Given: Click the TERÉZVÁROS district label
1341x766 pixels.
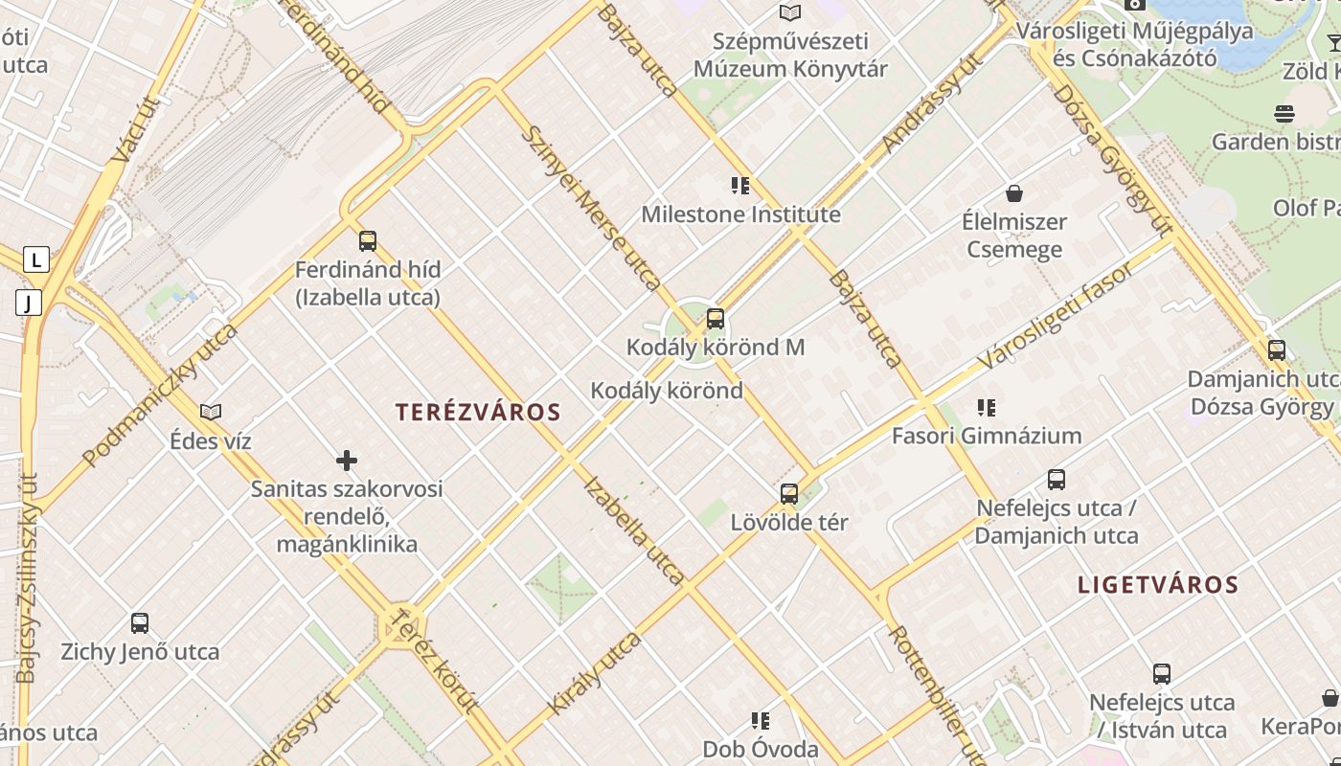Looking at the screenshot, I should point(478,413).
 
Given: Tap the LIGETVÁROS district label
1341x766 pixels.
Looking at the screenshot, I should point(1158,585).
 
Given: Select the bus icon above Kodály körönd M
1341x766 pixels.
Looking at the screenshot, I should point(716,319).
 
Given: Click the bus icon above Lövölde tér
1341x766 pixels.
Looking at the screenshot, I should point(789,494).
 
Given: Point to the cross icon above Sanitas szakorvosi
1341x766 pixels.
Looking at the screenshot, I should point(347,462).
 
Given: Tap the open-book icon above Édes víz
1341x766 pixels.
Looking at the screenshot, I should point(211,413).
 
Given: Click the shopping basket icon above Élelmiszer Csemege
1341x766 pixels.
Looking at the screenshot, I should point(1014,193).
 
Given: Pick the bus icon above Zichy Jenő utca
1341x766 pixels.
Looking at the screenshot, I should point(140,623).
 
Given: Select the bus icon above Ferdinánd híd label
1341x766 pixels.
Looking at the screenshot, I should point(368,241).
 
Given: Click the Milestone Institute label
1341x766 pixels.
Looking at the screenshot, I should point(740,214).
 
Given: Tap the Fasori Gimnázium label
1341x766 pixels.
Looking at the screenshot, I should point(987,436).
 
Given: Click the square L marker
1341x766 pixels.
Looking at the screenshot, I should point(36,259).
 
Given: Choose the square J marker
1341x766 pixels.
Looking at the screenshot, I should point(29,304).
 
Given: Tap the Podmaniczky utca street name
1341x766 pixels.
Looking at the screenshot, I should point(160,394).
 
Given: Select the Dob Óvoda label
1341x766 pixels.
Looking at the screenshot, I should point(761,749).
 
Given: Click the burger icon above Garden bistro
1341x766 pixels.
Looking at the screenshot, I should point(1284,114).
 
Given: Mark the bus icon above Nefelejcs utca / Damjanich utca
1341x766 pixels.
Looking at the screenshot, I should point(1057,480).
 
